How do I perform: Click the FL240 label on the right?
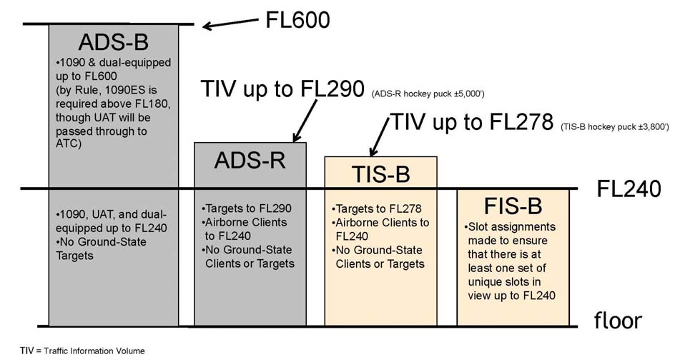point(629,189)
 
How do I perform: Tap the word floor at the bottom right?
point(618,321)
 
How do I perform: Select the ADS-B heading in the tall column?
point(113,40)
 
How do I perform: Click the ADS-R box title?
point(250,161)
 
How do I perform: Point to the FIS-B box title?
point(512,206)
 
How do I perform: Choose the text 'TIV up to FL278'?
point(471,122)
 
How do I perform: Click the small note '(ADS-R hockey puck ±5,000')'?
point(430,94)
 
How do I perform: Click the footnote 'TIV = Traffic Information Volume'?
point(82,350)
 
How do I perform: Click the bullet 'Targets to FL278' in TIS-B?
point(377,209)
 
